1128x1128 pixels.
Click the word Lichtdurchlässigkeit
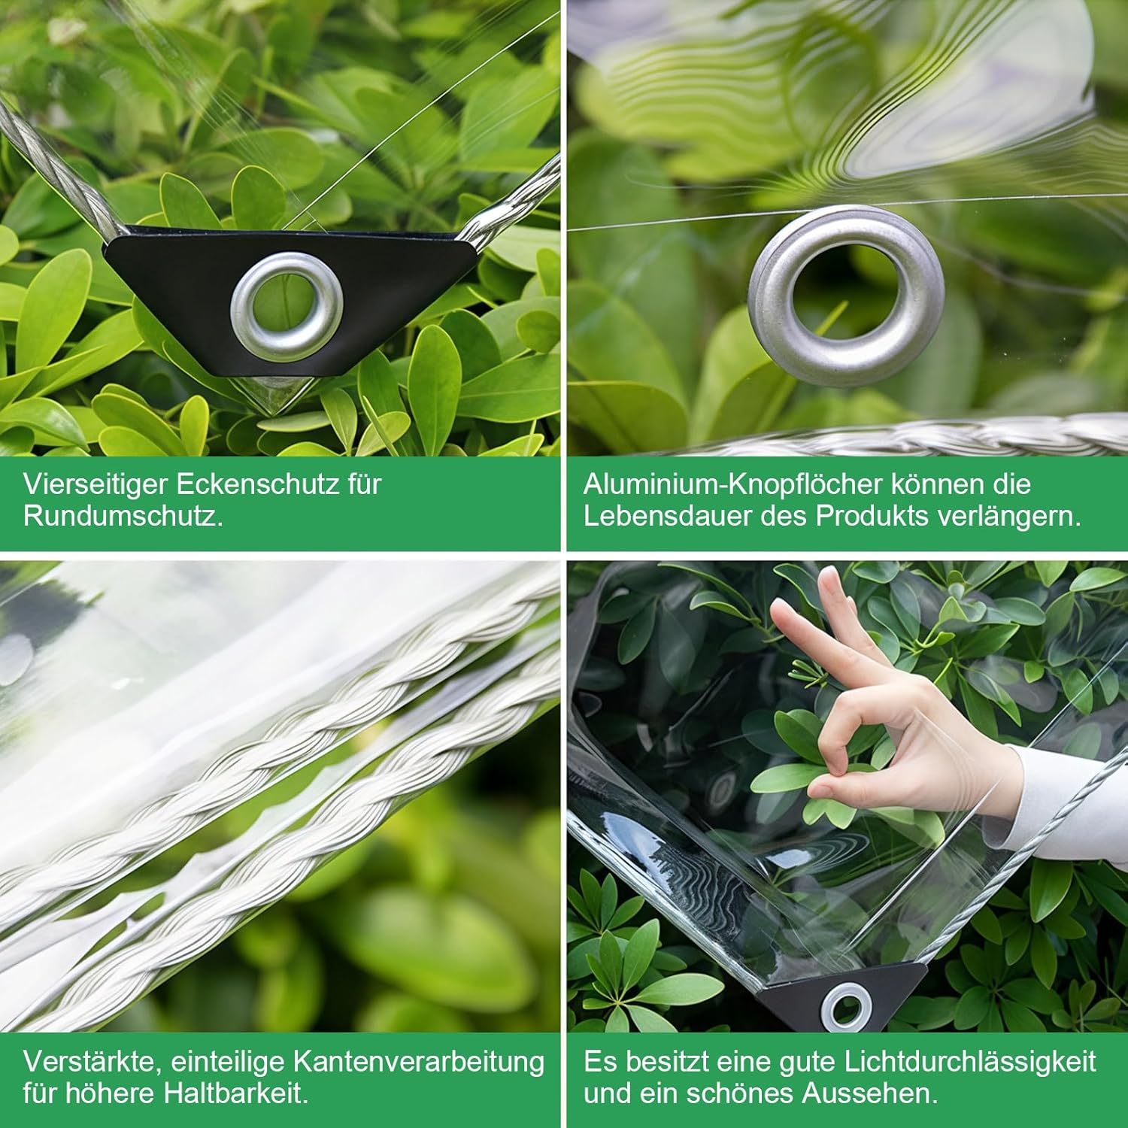(971, 1062)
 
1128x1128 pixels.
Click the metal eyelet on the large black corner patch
(287, 306)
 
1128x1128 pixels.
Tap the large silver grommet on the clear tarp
(846, 296)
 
